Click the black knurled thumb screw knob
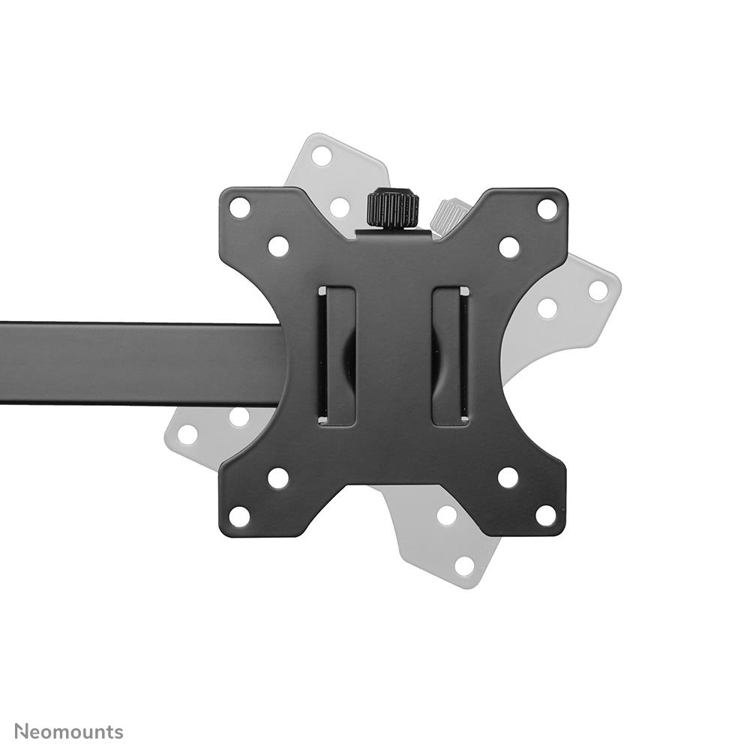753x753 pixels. (x=393, y=208)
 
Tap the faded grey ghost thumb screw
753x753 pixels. (x=446, y=216)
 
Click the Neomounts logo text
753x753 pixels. (x=69, y=732)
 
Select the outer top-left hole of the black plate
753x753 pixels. (x=240, y=208)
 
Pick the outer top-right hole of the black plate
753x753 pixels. (x=547, y=209)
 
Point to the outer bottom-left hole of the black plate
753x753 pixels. (x=240, y=516)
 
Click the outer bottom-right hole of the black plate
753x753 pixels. (x=546, y=516)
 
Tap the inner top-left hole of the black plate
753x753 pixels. (x=278, y=247)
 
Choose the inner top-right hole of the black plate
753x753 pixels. (x=509, y=247)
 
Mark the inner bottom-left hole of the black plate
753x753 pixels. (x=278, y=478)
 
